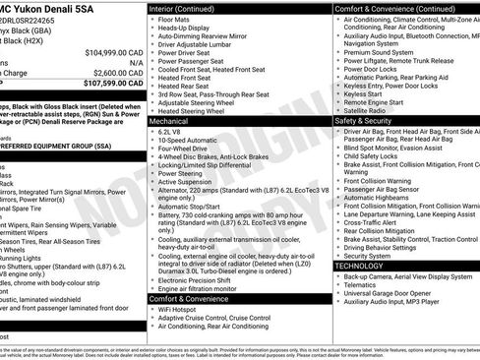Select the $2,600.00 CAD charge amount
[119, 72]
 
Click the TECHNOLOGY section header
[360, 266]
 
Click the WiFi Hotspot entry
[178, 310]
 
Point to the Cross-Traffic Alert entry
[372, 222]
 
